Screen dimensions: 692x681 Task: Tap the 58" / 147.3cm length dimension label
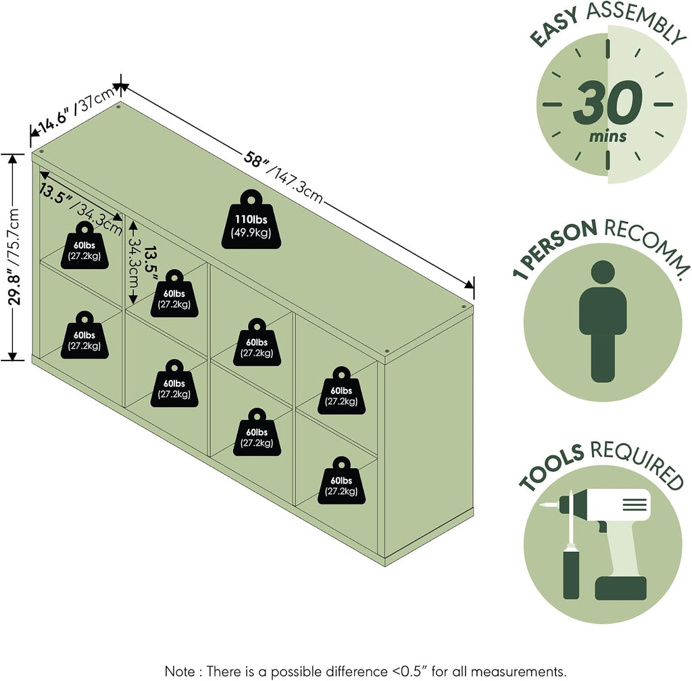[283, 177]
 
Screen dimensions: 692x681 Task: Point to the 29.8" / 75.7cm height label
[15, 257]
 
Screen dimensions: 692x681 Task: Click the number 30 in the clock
[608, 103]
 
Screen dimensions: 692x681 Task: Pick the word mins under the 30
[608, 137]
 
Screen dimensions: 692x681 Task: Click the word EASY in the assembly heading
[554, 27]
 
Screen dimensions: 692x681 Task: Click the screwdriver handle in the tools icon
[571, 575]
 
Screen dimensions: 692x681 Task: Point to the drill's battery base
[620, 588]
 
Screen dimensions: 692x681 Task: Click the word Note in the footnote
[179, 672]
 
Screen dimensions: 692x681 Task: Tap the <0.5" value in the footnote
[410, 672]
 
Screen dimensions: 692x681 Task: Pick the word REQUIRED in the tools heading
[638, 464]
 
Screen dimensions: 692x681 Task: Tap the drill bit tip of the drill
[542, 504]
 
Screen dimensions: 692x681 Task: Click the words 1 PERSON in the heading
[554, 248]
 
